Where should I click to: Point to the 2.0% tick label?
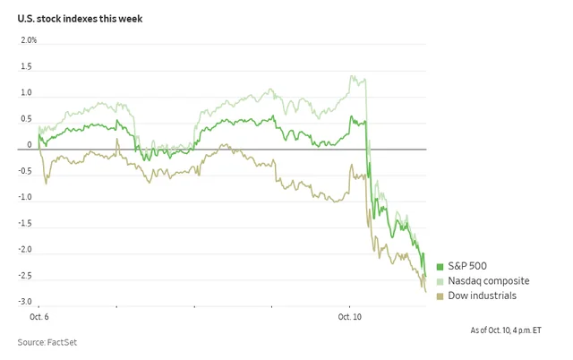pyautogui.click(x=28, y=41)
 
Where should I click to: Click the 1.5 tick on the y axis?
pyautogui.click(x=26, y=67)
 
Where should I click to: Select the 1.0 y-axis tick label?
pyautogui.click(x=26, y=93)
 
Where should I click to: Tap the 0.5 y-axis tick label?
pyautogui.click(x=26, y=119)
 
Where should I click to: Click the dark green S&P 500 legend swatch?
pyautogui.click(x=440, y=267)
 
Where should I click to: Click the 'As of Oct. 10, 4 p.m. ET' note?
pyautogui.click(x=506, y=330)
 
